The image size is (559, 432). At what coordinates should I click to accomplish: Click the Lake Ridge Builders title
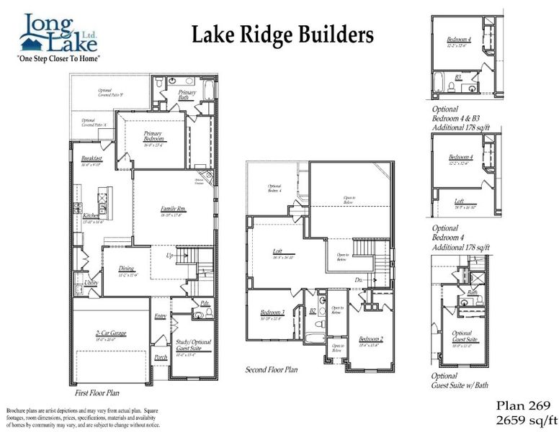(x=282, y=34)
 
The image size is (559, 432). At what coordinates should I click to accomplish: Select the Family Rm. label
(x=173, y=210)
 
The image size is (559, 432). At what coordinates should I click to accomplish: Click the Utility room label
(x=91, y=283)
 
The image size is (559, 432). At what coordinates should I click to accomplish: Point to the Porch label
(x=161, y=356)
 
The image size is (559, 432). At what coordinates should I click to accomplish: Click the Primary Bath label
(x=187, y=95)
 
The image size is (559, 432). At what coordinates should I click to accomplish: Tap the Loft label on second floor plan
(x=276, y=251)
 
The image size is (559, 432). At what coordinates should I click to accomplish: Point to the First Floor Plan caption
(x=97, y=393)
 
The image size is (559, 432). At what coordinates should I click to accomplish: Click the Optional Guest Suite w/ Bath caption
(x=461, y=381)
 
